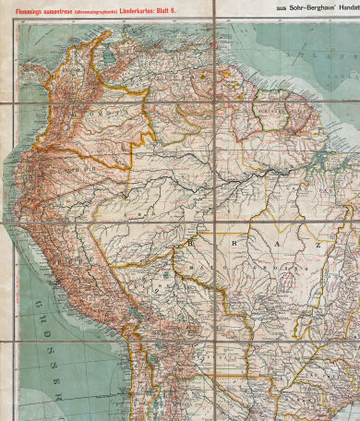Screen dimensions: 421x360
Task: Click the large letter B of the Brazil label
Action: [192, 241]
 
